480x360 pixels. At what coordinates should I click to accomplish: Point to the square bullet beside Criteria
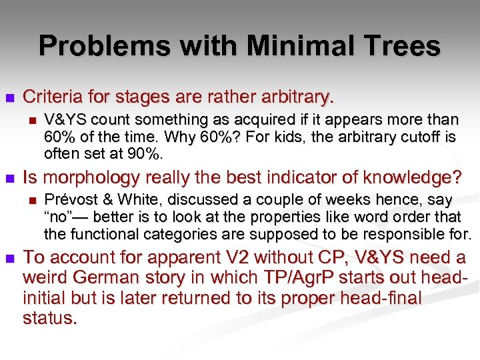9,97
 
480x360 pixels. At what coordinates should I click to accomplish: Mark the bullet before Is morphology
9,179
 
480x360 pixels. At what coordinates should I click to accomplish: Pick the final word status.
50,317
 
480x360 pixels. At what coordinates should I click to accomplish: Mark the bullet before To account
9,258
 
